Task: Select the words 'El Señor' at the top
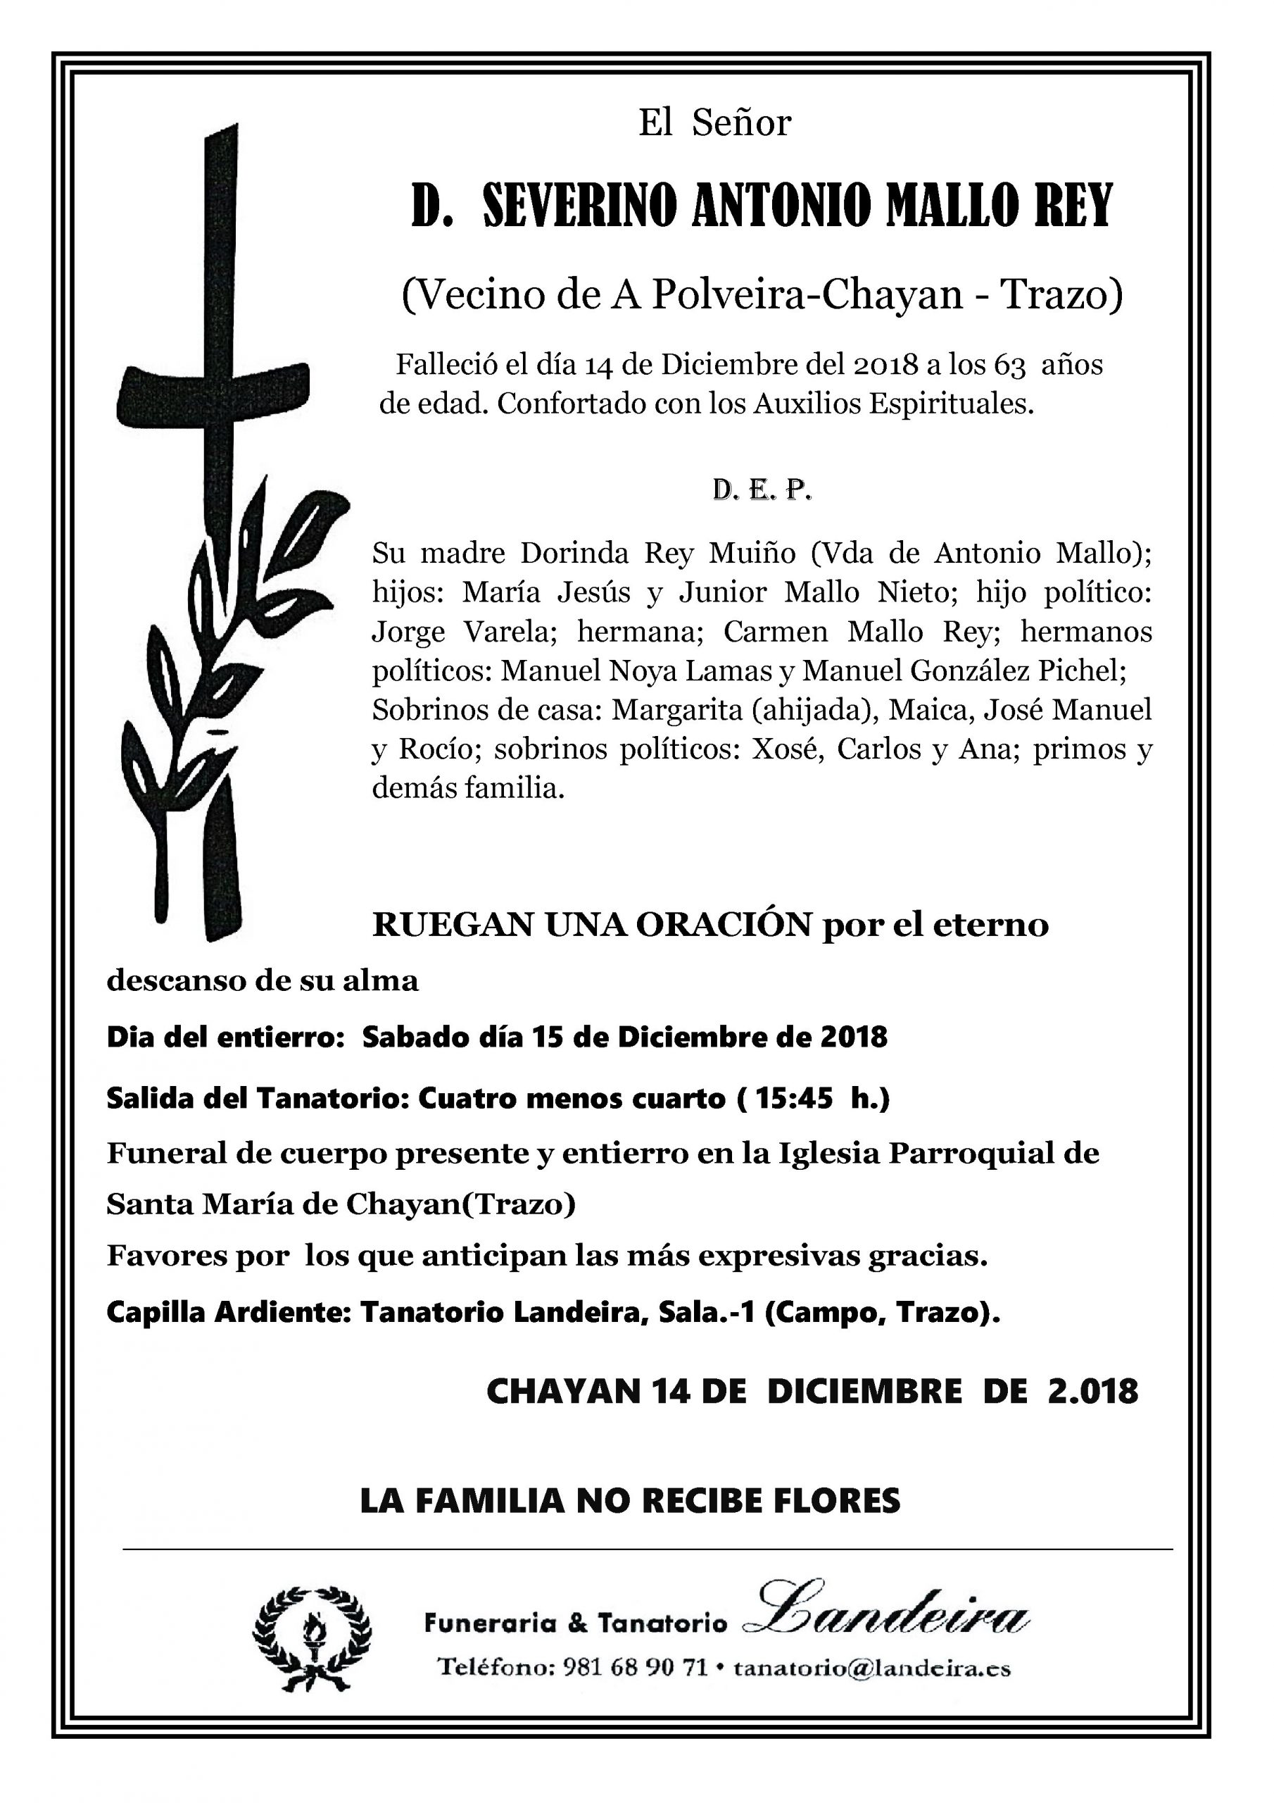714,123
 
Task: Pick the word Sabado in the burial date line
409,1037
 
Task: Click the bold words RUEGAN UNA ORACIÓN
592,925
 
